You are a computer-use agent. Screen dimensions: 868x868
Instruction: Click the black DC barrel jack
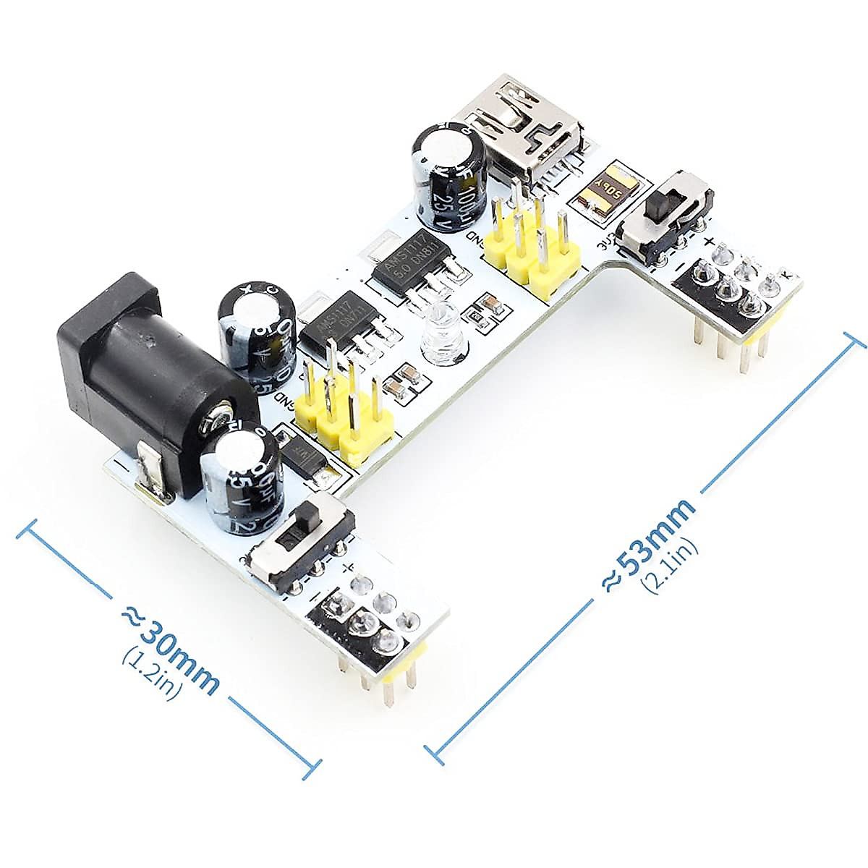(137, 376)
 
